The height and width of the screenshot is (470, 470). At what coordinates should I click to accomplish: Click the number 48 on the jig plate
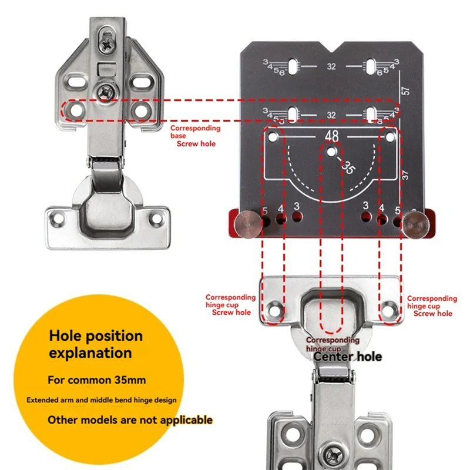pyautogui.click(x=331, y=136)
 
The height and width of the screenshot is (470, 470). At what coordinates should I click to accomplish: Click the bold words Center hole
pyautogui.click(x=347, y=357)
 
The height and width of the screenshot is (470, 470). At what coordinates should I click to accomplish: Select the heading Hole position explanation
pyautogui.click(x=96, y=344)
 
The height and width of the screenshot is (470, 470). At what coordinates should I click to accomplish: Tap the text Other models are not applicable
pyautogui.click(x=130, y=419)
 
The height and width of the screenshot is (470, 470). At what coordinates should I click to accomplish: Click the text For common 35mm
pyautogui.click(x=98, y=380)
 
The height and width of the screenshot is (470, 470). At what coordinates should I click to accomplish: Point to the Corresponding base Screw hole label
pyautogui.click(x=196, y=136)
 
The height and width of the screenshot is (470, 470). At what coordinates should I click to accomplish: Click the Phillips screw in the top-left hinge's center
pyautogui.click(x=108, y=90)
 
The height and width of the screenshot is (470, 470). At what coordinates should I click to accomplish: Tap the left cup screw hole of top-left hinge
pyautogui.click(x=59, y=219)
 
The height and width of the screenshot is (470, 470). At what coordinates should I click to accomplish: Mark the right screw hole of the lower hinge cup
pyautogui.click(x=390, y=307)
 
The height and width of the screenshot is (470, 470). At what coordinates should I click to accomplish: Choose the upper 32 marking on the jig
pyautogui.click(x=331, y=67)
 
